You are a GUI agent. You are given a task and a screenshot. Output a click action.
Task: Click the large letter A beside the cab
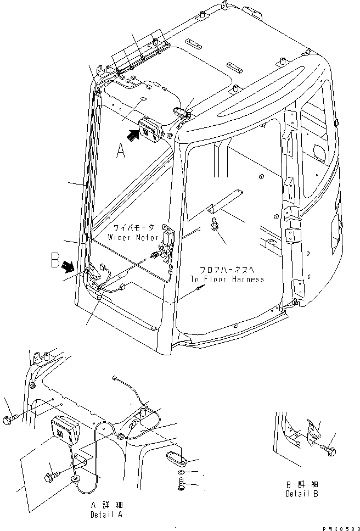tap(121, 149)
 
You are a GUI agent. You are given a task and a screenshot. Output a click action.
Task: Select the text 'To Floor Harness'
tap(227, 279)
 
